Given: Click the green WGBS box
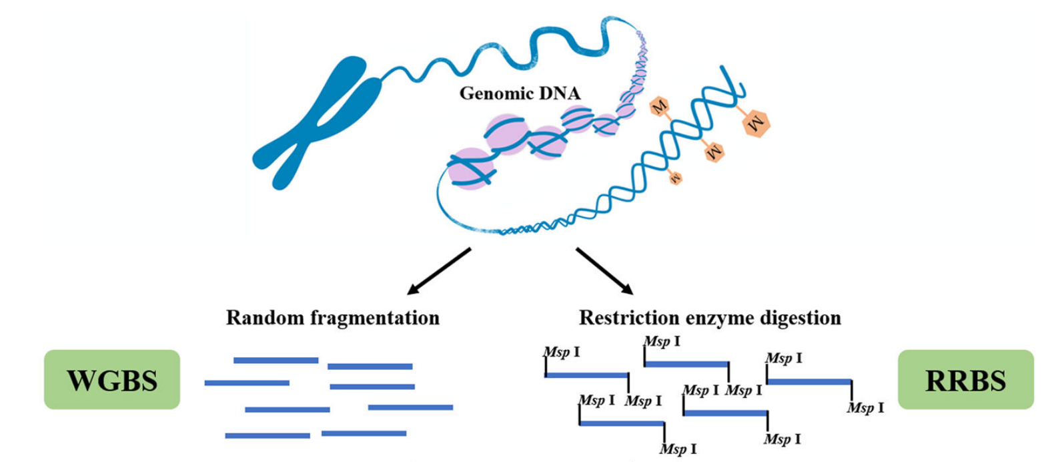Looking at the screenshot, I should point(112,379).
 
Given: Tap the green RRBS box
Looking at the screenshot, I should point(965,379).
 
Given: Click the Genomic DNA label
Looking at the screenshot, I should point(520,93).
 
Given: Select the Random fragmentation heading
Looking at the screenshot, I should point(332,317).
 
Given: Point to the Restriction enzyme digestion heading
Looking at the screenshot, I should point(710,317).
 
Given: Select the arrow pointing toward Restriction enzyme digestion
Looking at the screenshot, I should point(604,271).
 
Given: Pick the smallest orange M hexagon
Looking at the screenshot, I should point(675,178).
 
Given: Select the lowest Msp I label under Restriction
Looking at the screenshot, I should point(678,449).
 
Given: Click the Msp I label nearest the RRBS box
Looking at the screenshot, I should point(865,407).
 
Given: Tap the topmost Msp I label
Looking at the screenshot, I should point(662,342).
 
